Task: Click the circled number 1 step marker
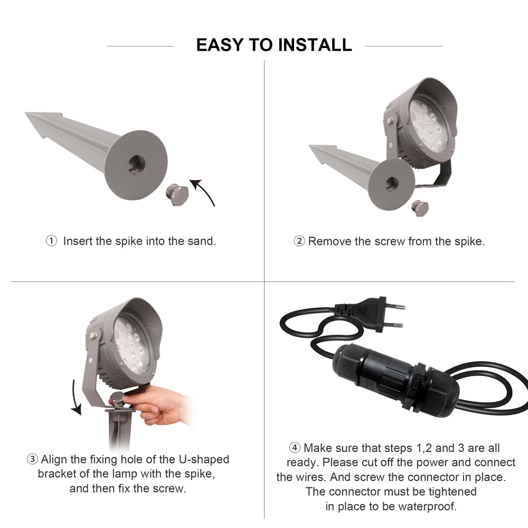pos(51,241)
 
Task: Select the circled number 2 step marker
pos(299,241)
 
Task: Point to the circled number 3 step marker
pos(32,459)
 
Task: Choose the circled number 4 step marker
pos(295,448)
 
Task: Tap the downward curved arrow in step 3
pos(76,398)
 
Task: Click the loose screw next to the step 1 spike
pos(177,194)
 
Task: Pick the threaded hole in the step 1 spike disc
pos(137,165)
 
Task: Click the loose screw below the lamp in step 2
pos(420,208)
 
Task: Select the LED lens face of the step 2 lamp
pos(428,125)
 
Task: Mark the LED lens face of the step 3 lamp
pos(131,345)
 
